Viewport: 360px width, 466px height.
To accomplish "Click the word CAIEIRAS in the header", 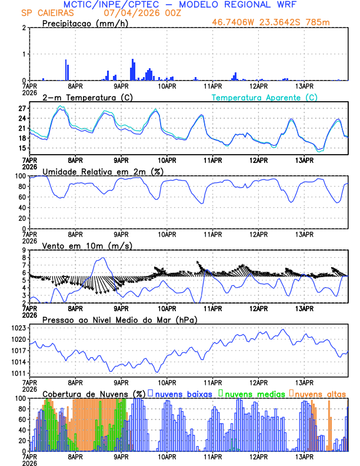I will click(x=58, y=13).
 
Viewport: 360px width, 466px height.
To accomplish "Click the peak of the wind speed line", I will click(x=103, y=258).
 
